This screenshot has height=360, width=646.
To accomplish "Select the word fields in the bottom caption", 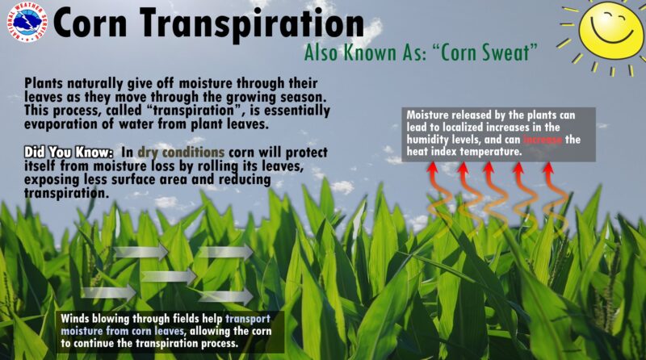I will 192,317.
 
